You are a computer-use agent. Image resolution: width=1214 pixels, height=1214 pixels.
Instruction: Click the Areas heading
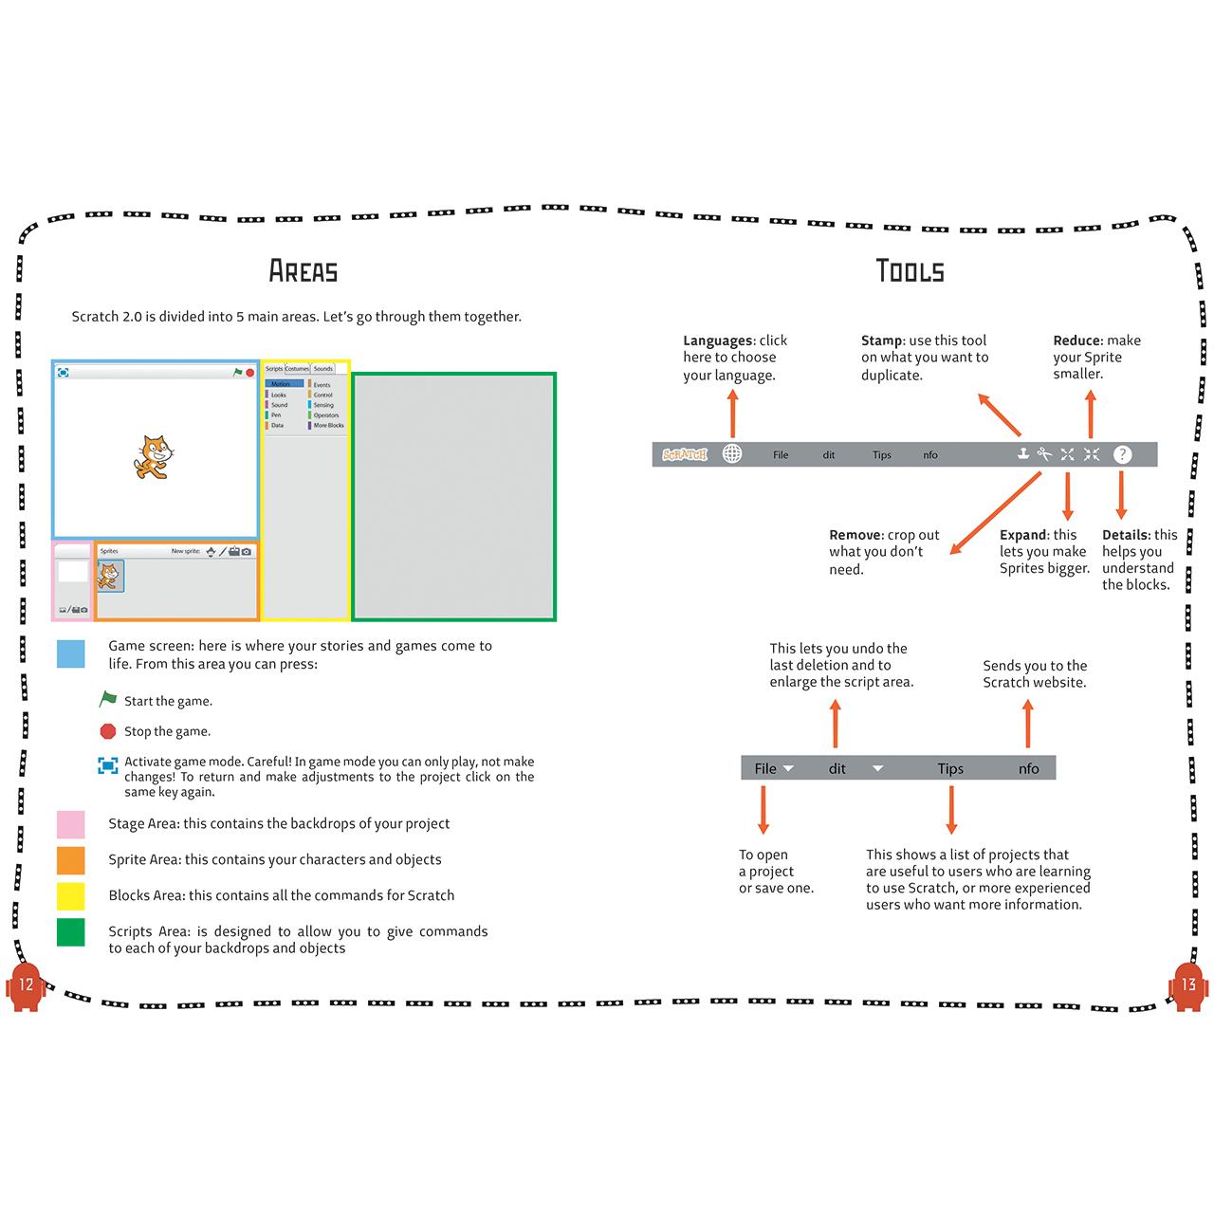303,271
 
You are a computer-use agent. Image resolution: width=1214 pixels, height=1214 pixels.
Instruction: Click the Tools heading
910,271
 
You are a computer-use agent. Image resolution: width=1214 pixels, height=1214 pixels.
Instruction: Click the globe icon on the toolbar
732,454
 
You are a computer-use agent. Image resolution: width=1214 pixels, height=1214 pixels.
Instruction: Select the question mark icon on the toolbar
1122,454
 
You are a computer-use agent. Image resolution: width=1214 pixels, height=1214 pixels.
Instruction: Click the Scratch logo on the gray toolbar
685,455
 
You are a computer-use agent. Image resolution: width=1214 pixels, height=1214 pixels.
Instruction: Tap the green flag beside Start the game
108,700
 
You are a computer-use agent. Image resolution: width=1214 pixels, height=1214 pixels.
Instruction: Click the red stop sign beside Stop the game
108,731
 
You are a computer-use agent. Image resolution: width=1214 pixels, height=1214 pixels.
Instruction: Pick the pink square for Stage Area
71,823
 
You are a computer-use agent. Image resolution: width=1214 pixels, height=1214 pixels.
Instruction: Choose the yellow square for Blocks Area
71,895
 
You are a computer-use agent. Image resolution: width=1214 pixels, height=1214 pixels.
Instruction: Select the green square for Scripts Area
71,932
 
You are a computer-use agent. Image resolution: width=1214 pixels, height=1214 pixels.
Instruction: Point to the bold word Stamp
881,340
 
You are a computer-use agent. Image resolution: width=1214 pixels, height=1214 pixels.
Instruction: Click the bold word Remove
855,535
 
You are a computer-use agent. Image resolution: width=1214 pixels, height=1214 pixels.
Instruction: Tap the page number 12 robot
26,985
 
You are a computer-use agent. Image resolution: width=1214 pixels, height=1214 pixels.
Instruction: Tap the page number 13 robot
1188,985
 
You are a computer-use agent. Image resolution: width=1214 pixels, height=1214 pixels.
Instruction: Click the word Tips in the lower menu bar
950,769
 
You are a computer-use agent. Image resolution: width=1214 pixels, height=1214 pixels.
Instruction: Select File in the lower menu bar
765,769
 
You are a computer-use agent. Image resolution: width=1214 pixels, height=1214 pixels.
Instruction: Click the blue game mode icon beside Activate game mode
108,764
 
